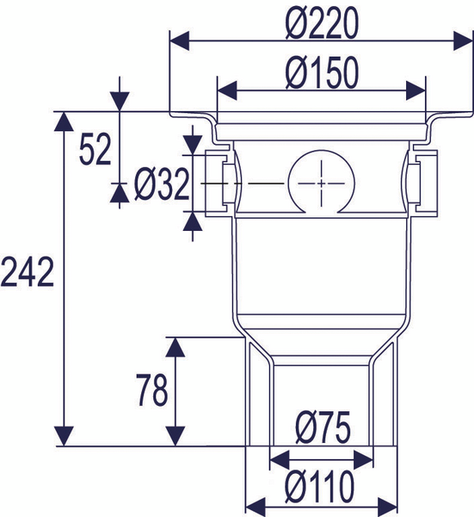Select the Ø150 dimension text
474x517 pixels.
tap(321, 75)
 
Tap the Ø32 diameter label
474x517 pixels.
tap(161, 184)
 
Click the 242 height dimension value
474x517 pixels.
tap(28, 275)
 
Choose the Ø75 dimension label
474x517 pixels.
tap(322, 429)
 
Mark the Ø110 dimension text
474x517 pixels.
tap(322, 487)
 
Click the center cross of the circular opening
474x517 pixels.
tap(321, 184)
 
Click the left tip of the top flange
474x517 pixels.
tap(172, 116)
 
